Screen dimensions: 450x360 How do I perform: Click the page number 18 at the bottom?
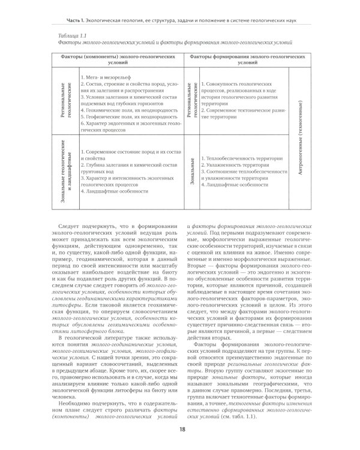[x=180, y=430]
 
